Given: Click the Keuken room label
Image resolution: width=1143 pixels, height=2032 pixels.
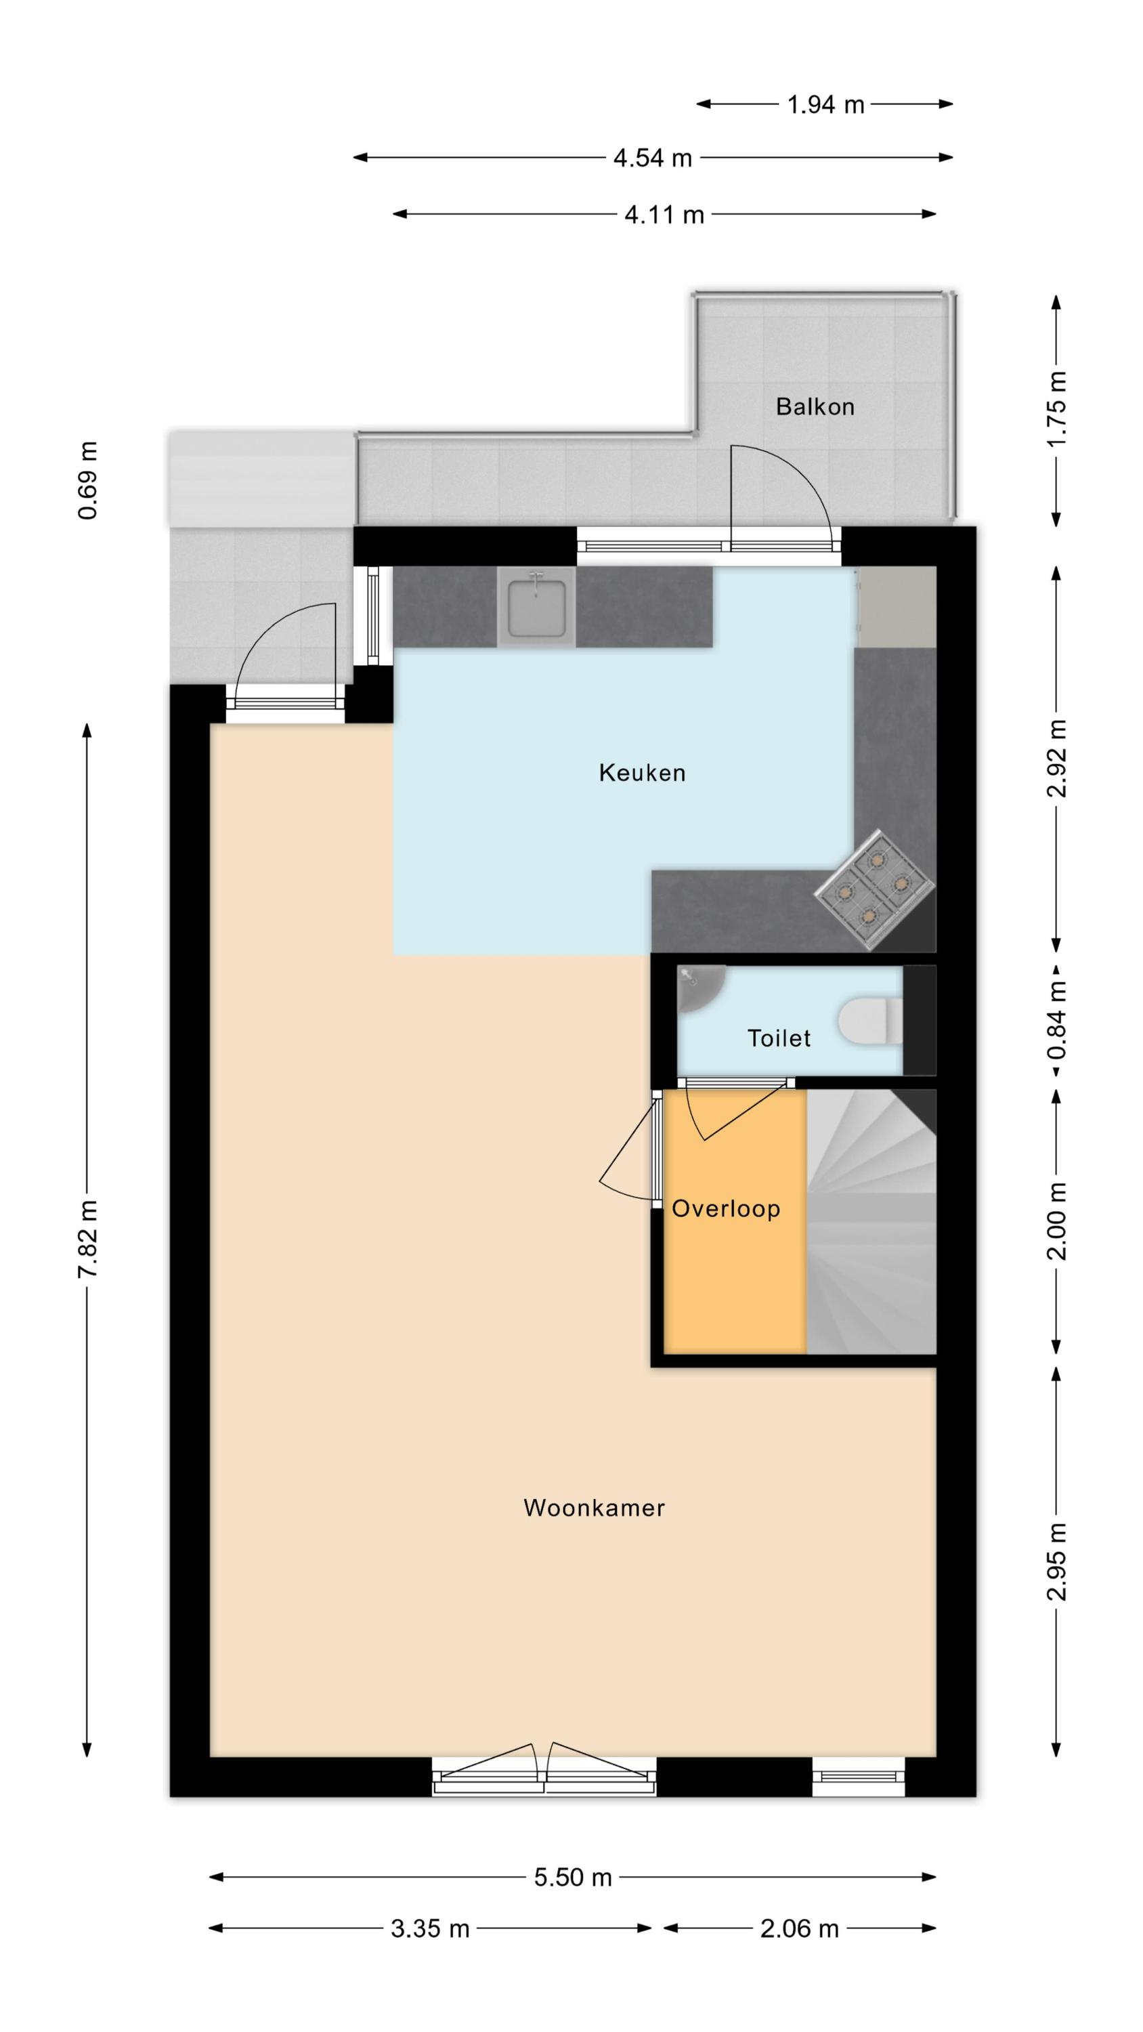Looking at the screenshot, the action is point(642,772).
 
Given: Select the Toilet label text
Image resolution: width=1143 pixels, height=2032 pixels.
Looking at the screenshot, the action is point(779,1038).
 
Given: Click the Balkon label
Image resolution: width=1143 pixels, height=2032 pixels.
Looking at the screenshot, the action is point(815,406).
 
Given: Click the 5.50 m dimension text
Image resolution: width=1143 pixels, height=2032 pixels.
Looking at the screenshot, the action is point(573,1877).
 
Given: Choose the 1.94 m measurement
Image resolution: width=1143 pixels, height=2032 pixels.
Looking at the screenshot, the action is point(825,104).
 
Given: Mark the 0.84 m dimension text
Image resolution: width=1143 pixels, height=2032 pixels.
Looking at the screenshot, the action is point(1057,1021).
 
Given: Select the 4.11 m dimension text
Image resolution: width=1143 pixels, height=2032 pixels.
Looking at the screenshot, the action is point(664,215).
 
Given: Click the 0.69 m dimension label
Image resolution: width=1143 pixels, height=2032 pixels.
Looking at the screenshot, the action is point(87,480).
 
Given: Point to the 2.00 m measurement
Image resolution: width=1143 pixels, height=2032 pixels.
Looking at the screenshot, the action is point(1057,1221).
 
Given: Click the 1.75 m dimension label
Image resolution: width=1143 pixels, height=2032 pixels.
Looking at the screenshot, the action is point(1057,408).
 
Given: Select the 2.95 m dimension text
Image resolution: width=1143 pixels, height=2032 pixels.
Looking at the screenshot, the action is point(1057,1562).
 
